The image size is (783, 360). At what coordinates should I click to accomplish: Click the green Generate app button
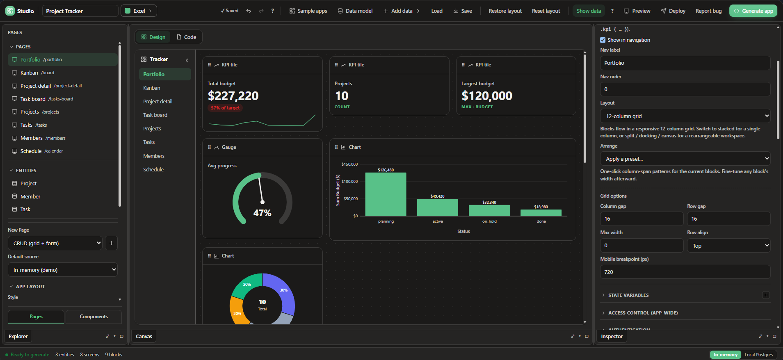753,11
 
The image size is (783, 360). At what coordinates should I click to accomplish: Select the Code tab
186,37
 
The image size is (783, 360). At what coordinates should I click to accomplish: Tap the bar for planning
386,194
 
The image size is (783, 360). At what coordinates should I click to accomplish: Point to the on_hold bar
489,210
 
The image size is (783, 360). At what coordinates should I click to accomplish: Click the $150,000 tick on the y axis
349,164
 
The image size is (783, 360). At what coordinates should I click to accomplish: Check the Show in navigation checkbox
603,40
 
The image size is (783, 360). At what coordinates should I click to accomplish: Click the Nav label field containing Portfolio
685,63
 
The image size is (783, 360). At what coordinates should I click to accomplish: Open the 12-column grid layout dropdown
685,116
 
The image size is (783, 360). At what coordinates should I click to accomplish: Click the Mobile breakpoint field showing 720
685,272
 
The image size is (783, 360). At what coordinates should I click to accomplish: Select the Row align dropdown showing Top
728,246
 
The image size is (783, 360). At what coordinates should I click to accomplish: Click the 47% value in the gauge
263,213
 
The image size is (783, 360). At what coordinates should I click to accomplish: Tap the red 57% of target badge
225,108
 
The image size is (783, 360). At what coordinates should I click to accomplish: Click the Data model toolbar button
355,11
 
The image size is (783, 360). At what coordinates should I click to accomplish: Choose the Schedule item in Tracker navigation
153,169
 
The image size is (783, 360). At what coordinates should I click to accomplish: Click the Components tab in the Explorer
94,317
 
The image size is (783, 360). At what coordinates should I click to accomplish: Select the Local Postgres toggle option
758,355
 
